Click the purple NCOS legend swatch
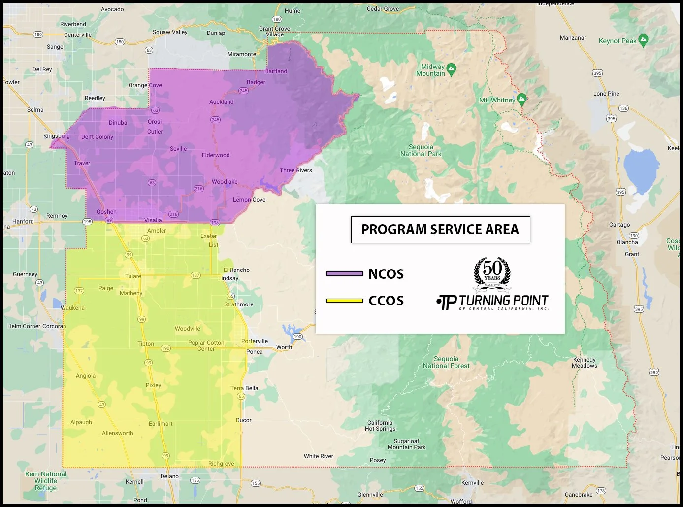(x=344, y=273)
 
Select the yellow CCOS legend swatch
(x=344, y=301)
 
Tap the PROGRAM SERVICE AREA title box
(x=440, y=230)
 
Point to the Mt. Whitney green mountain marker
(x=522, y=98)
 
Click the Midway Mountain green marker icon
(x=452, y=68)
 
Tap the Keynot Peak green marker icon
(x=643, y=40)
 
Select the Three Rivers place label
(x=295, y=170)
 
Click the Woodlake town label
(x=225, y=182)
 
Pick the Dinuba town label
(x=118, y=123)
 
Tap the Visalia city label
(x=153, y=220)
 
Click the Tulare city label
(x=133, y=276)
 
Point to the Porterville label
(x=255, y=341)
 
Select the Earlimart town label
(x=161, y=424)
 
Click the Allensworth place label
(x=117, y=433)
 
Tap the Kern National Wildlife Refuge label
(x=46, y=481)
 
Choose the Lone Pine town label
(x=606, y=94)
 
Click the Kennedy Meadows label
(x=585, y=363)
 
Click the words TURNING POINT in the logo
(x=503, y=301)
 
